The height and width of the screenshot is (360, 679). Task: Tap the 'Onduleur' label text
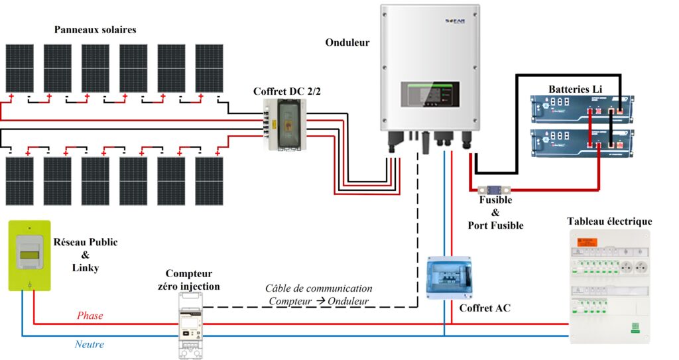pyautogui.click(x=347, y=42)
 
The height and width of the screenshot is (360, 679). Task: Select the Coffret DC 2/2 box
pyautogui.click(x=284, y=124)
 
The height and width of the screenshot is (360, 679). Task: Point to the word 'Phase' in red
pyautogui.click(x=90, y=316)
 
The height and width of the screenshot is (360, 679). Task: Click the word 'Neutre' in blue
pyautogui.click(x=89, y=344)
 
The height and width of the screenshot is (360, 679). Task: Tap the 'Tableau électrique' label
pyautogui.click(x=609, y=221)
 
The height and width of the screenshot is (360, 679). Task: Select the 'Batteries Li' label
pyautogui.click(x=574, y=89)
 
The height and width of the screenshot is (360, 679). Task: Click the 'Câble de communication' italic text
pyautogui.click(x=318, y=288)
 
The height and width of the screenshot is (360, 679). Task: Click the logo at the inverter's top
pyautogui.click(x=455, y=22)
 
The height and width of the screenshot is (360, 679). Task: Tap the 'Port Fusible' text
pyautogui.click(x=495, y=225)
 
